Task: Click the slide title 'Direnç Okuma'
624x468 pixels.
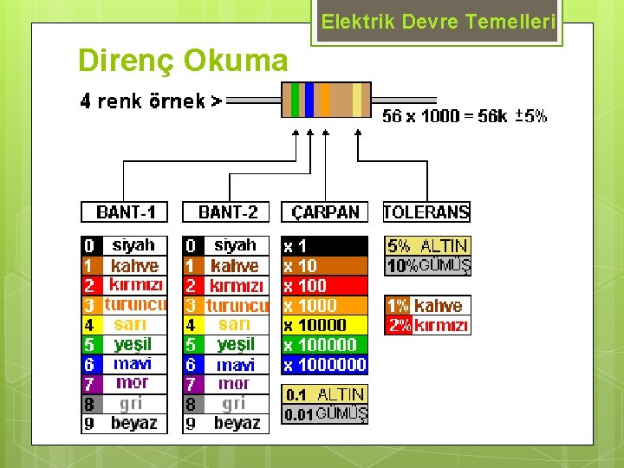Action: pos(183,61)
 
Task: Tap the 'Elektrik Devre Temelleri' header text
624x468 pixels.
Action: pos(438,23)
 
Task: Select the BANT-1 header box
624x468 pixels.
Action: pos(125,211)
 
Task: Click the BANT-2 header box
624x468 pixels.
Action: pos(227,211)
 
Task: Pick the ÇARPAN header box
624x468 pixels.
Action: pos(325,211)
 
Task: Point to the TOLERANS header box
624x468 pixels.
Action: pos(426,211)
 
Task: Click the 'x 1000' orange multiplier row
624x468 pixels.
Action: pos(325,305)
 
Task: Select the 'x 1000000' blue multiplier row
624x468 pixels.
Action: pos(325,365)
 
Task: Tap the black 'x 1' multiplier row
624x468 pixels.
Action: pos(325,246)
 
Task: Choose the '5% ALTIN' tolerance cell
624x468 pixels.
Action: pos(427,246)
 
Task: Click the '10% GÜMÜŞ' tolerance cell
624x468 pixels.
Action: pos(427,266)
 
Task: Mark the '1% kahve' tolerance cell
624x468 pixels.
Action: pos(427,305)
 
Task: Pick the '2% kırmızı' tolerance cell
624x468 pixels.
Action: pos(427,326)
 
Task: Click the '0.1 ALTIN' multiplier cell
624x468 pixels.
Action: pos(325,394)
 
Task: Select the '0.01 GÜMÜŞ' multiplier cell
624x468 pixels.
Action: pos(325,414)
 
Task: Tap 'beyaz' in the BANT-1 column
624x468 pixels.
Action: pos(133,424)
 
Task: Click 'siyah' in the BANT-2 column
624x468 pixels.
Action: pos(235,245)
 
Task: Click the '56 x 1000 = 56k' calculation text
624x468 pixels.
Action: pos(444,116)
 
